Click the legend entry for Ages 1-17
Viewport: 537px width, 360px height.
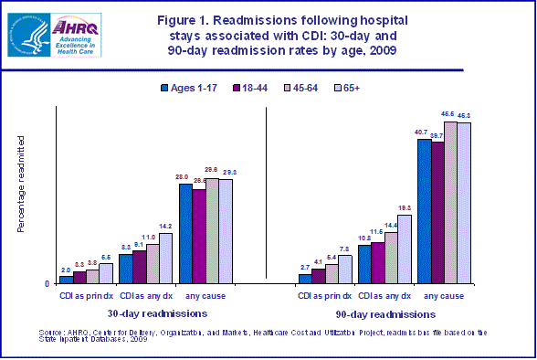coord(195,89)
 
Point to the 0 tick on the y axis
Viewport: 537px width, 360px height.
coord(47,284)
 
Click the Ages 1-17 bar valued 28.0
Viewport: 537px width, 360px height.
coord(185,234)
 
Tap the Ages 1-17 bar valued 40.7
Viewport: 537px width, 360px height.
coord(425,212)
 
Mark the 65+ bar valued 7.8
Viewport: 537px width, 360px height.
coord(344,270)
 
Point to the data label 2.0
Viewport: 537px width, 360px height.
coord(66,270)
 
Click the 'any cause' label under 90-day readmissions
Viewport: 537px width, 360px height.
coord(444,296)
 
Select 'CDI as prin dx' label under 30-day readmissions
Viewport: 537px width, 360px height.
coord(86,296)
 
